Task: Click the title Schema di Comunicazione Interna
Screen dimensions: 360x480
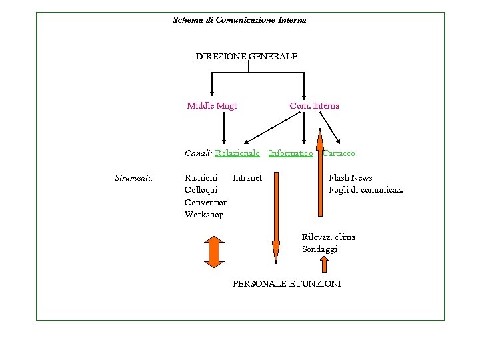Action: pyautogui.click(x=239, y=20)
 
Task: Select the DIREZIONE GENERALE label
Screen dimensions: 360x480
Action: pyautogui.click(x=246, y=57)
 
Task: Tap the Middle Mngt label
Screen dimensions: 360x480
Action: pyautogui.click(x=211, y=105)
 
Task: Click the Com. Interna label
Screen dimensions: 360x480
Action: pyautogui.click(x=314, y=105)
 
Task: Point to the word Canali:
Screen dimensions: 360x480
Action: pyautogui.click(x=198, y=153)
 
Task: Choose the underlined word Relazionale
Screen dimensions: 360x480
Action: pyautogui.click(x=237, y=153)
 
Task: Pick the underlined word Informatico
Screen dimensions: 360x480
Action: pyautogui.click(x=291, y=153)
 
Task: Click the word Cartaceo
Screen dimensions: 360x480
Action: pyautogui.click(x=339, y=153)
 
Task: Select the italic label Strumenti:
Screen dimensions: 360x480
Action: pyautogui.click(x=134, y=178)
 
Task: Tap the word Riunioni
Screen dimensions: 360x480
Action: pyautogui.click(x=201, y=178)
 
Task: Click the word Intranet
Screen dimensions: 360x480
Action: pyautogui.click(x=247, y=178)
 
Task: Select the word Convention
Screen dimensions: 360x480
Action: pyautogui.click(x=206, y=202)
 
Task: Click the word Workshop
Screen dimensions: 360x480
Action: pyautogui.click(x=204, y=214)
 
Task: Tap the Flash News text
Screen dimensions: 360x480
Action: pyautogui.click(x=350, y=178)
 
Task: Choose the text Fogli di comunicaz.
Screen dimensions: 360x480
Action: pyautogui.click(x=365, y=190)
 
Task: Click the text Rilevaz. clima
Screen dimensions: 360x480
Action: pyautogui.click(x=328, y=237)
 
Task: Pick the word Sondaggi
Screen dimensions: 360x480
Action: pyautogui.click(x=319, y=249)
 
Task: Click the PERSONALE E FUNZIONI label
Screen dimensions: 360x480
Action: pyautogui.click(x=286, y=284)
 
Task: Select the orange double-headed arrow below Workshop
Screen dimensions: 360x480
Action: pyautogui.click(x=213, y=251)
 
